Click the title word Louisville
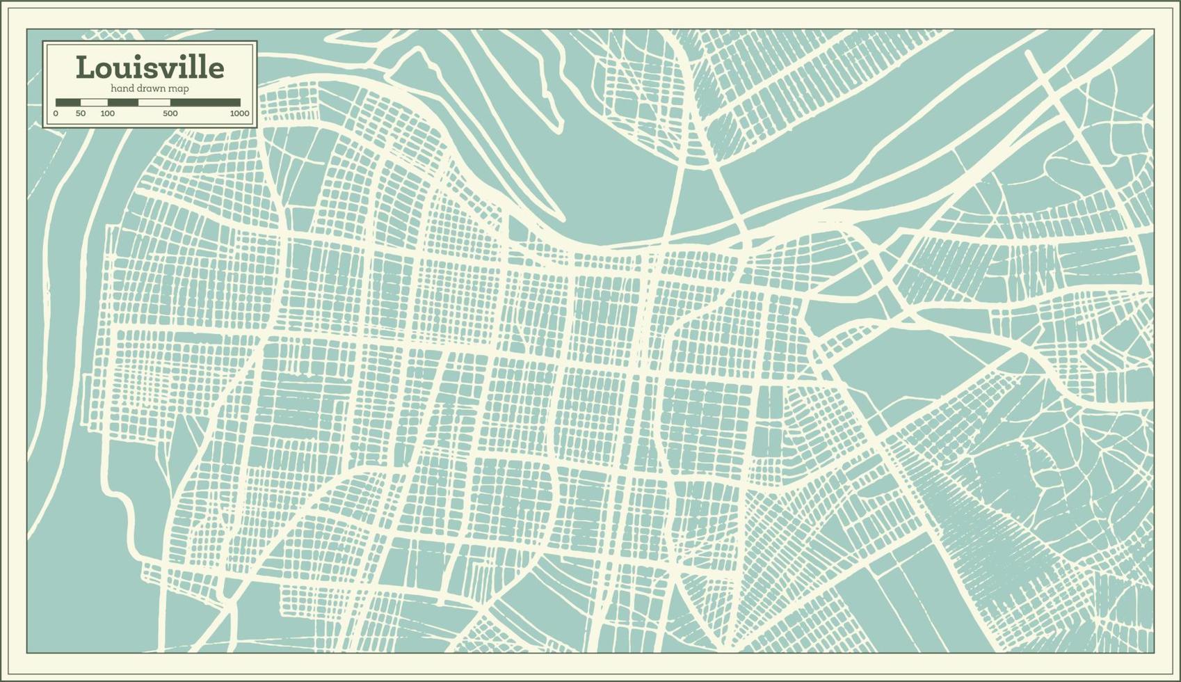(x=150, y=68)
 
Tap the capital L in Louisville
(x=84, y=68)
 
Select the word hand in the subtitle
(x=122, y=88)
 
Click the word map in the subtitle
(x=179, y=88)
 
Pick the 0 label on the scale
(x=56, y=113)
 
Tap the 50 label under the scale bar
(x=81, y=113)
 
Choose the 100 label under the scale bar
(x=107, y=113)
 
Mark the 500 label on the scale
(x=170, y=113)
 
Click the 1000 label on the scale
(x=239, y=113)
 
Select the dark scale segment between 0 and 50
(x=68, y=102)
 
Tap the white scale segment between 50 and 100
(x=94, y=102)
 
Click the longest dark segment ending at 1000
(x=205, y=102)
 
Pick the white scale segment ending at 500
(x=154, y=102)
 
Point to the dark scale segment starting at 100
(x=122, y=102)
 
